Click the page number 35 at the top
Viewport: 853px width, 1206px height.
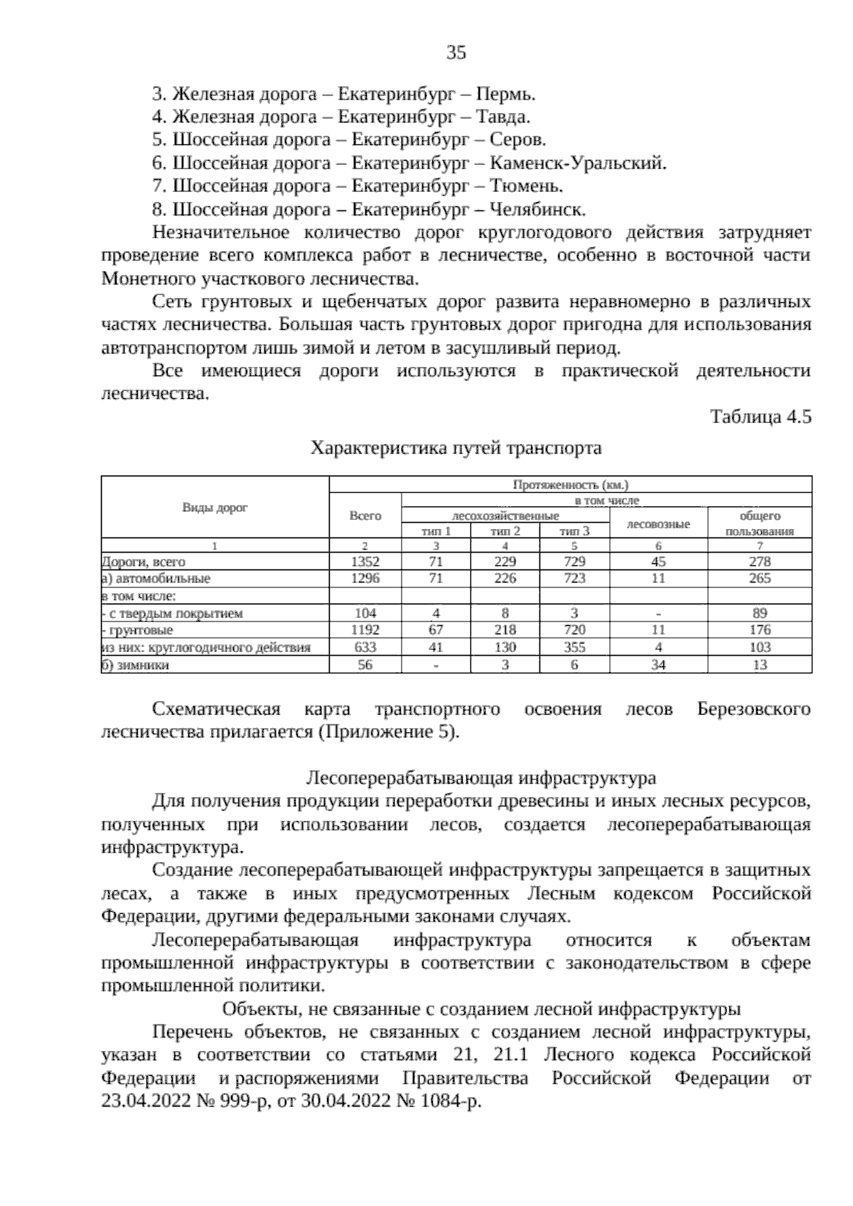coord(456,52)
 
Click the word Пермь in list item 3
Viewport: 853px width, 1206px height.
coord(505,94)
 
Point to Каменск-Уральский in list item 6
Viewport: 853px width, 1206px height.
coord(579,164)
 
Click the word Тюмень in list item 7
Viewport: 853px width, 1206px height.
coord(527,186)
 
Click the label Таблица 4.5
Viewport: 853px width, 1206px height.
coord(761,417)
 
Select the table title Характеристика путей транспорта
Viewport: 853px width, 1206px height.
coord(456,448)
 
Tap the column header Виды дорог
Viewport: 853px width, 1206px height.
coord(215,507)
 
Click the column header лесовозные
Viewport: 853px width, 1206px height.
coord(658,524)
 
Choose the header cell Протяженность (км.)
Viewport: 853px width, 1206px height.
coord(571,484)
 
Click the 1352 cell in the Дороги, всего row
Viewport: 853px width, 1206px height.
coord(365,562)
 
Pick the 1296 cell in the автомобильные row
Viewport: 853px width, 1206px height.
coord(365,579)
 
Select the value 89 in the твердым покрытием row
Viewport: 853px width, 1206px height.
coord(760,613)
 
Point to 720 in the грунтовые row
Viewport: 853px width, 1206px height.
coord(574,630)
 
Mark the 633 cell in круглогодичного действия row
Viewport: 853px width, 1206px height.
coord(365,647)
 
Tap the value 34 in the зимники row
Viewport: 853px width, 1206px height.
coord(658,665)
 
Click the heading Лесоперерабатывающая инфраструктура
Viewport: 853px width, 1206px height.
coord(481,777)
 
